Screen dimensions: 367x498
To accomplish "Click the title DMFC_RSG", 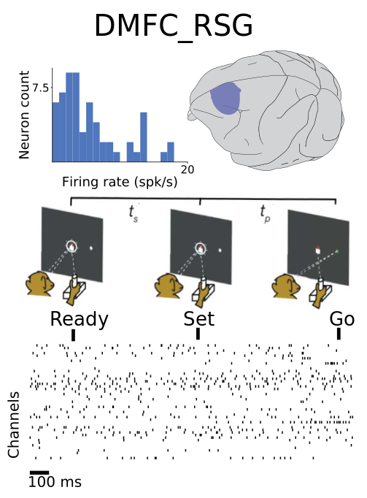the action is click(x=174, y=26).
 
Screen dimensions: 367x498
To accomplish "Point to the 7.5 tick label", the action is click(x=41, y=88).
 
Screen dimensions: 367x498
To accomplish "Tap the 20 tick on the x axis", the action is click(x=188, y=169).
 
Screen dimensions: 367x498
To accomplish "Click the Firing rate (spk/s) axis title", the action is click(x=120, y=182).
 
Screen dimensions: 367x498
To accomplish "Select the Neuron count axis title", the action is click(x=24, y=115).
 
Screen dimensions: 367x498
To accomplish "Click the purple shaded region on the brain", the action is click(x=225, y=98).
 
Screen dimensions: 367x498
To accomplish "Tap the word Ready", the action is click(x=80, y=320).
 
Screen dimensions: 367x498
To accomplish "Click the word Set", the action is click(x=199, y=319).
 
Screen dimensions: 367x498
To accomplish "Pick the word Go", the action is click(x=342, y=319).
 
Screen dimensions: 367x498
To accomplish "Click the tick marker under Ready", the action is click(x=74, y=335).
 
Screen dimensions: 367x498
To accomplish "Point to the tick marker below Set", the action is click(x=198, y=334).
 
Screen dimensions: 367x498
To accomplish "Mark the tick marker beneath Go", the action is click(x=339, y=334).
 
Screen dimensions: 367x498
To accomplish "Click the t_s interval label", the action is click(x=134, y=212).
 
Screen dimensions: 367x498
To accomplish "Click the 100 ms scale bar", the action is click(x=39, y=473).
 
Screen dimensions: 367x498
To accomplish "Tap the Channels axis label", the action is click(x=14, y=425).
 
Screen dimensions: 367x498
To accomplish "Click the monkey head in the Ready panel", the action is click(x=40, y=284).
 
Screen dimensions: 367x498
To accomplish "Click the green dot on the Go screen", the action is click(x=337, y=251).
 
